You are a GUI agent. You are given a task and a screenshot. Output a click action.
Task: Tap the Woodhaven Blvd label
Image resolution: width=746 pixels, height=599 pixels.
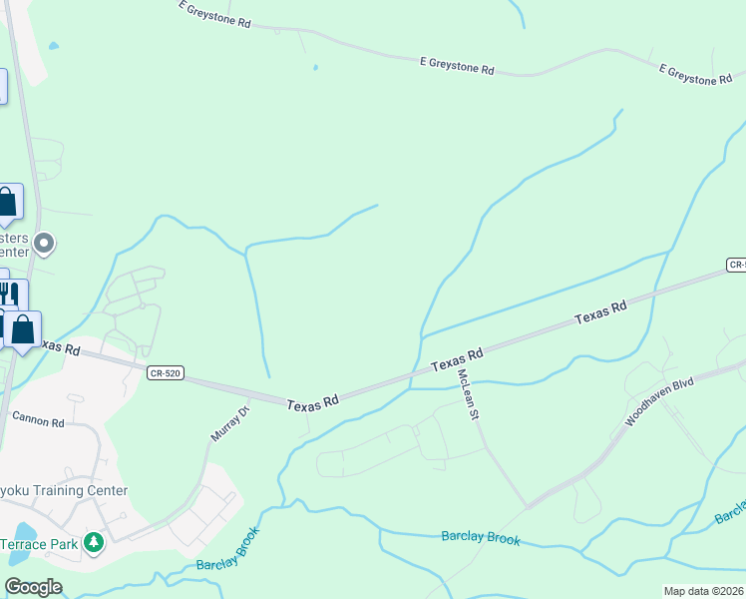[x=658, y=403]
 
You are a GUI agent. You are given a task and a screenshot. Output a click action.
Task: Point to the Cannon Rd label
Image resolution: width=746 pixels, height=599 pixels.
[x=37, y=423]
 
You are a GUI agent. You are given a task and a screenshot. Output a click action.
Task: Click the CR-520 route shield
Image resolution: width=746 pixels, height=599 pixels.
[x=165, y=373]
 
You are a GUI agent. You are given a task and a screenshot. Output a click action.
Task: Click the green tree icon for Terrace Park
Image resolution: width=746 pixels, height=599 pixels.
[x=94, y=542]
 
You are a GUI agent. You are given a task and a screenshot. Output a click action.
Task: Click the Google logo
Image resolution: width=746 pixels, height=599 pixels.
[x=34, y=587]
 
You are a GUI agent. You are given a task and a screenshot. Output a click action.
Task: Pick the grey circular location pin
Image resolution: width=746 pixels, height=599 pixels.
[x=44, y=243]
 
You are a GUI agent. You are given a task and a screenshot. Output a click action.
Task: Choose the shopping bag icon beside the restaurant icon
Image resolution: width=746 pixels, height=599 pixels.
[x=23, y=327]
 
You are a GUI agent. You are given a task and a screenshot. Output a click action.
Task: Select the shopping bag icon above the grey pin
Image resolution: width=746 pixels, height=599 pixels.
[x=6, y=202]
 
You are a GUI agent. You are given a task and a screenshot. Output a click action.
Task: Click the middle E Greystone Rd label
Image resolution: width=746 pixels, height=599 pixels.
[x=457, y=65]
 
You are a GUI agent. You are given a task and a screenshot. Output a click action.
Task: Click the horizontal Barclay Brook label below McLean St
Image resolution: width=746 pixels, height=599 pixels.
[x=481, y=537]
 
